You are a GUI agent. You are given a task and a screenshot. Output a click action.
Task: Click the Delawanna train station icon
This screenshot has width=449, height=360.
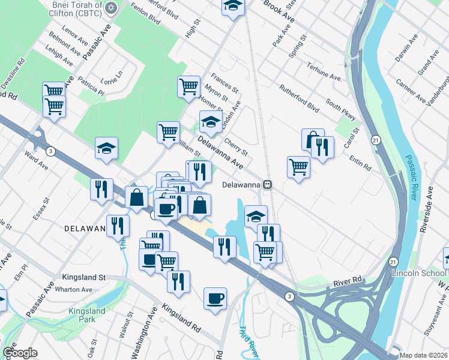[x=270, y=185]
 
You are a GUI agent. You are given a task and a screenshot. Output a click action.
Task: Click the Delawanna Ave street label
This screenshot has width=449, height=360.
[x=220, y=154]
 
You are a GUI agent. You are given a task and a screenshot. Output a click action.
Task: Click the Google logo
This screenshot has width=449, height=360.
[x=20, y=353]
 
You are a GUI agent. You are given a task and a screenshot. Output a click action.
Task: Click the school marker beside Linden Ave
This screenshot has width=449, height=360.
[x=211, y=122]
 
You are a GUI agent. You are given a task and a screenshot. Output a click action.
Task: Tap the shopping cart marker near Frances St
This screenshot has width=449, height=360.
[x=188, y=86]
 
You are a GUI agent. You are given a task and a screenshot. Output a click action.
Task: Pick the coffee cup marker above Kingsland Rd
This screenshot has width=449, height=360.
[x=215, y=298]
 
